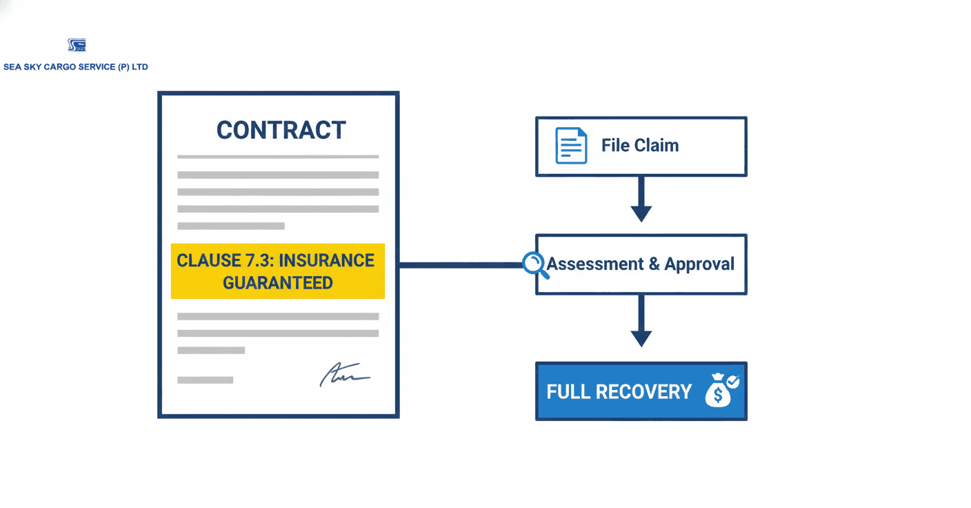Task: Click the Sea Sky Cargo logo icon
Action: (77, 46)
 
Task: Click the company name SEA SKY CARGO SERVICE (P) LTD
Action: (76, 67)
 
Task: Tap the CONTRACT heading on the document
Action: (281, 130)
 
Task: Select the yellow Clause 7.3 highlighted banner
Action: (277, 271)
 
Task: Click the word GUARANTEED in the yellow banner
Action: (277, 283)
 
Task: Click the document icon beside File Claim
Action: (571, 146)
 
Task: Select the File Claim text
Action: (639, 146)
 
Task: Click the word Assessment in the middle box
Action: (595, 264)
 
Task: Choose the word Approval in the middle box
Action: (699, 264)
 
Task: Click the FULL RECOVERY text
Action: (619, 392)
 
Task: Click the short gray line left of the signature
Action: (205, 380)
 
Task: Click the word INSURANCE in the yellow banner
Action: (326, 260)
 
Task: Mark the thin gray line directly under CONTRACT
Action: (277, 157)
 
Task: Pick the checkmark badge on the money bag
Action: (732, 381)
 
